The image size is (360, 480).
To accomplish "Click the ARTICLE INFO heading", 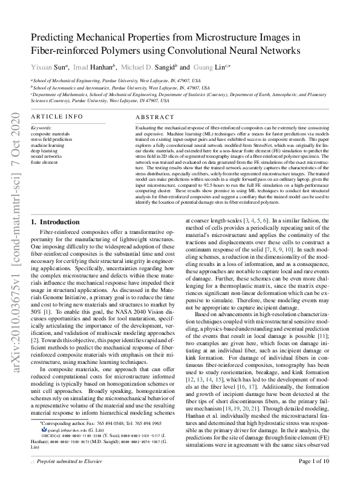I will pyautogui.click(x=56, y=115).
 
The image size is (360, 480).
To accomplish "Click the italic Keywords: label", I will pyautogui.click(x=41, y=128).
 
